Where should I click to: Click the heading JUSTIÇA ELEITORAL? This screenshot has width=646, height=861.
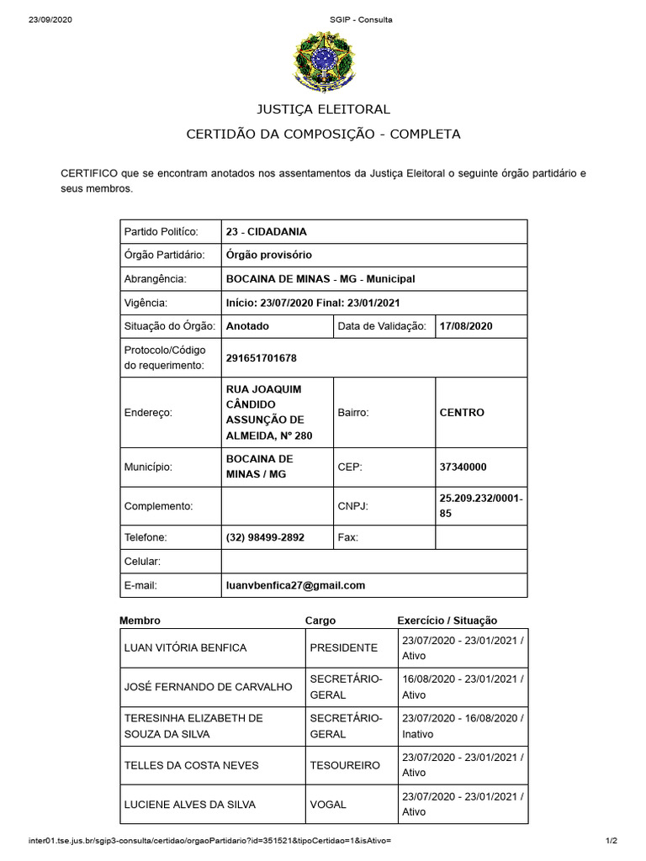click(323, 109)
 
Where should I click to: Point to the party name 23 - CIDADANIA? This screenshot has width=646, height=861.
click(266, 231)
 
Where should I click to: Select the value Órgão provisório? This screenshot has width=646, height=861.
click(268, 255)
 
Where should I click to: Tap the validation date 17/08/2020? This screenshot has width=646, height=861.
click(465, 326)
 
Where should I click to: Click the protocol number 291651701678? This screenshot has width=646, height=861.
click(261, 358)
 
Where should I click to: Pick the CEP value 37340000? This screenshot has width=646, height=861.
click(463, 467)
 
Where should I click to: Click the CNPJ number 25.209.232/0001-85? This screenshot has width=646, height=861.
click(480, 505)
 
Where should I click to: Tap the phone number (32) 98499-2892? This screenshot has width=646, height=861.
click(265, 537)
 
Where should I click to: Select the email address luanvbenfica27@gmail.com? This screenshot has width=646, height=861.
click(295, 585)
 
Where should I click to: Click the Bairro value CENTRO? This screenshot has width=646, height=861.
click(462, 413)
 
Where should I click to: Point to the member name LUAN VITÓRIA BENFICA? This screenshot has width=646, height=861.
click(185, 648)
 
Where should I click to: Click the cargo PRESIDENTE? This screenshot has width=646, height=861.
click(343, 648)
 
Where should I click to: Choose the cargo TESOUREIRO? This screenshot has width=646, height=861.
click(345, 765)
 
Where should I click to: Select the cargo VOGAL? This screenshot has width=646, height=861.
click(328, 805)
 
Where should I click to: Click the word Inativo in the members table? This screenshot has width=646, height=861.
click(418, 734)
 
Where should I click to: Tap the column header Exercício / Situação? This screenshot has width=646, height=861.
click(447, 621)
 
